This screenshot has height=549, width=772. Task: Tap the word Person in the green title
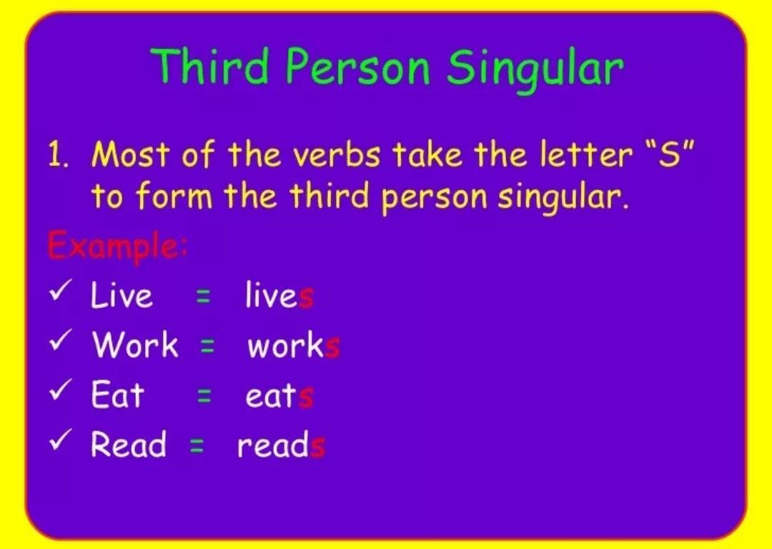tap(359, 66)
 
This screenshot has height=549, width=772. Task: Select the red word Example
tap(117, 246)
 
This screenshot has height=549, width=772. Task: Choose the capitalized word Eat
tap(117, 394)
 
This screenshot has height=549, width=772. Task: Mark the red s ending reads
tap(318, 447)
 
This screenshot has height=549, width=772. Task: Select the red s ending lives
tap(306, 298)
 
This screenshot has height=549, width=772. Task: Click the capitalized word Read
tap(129, 444)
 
